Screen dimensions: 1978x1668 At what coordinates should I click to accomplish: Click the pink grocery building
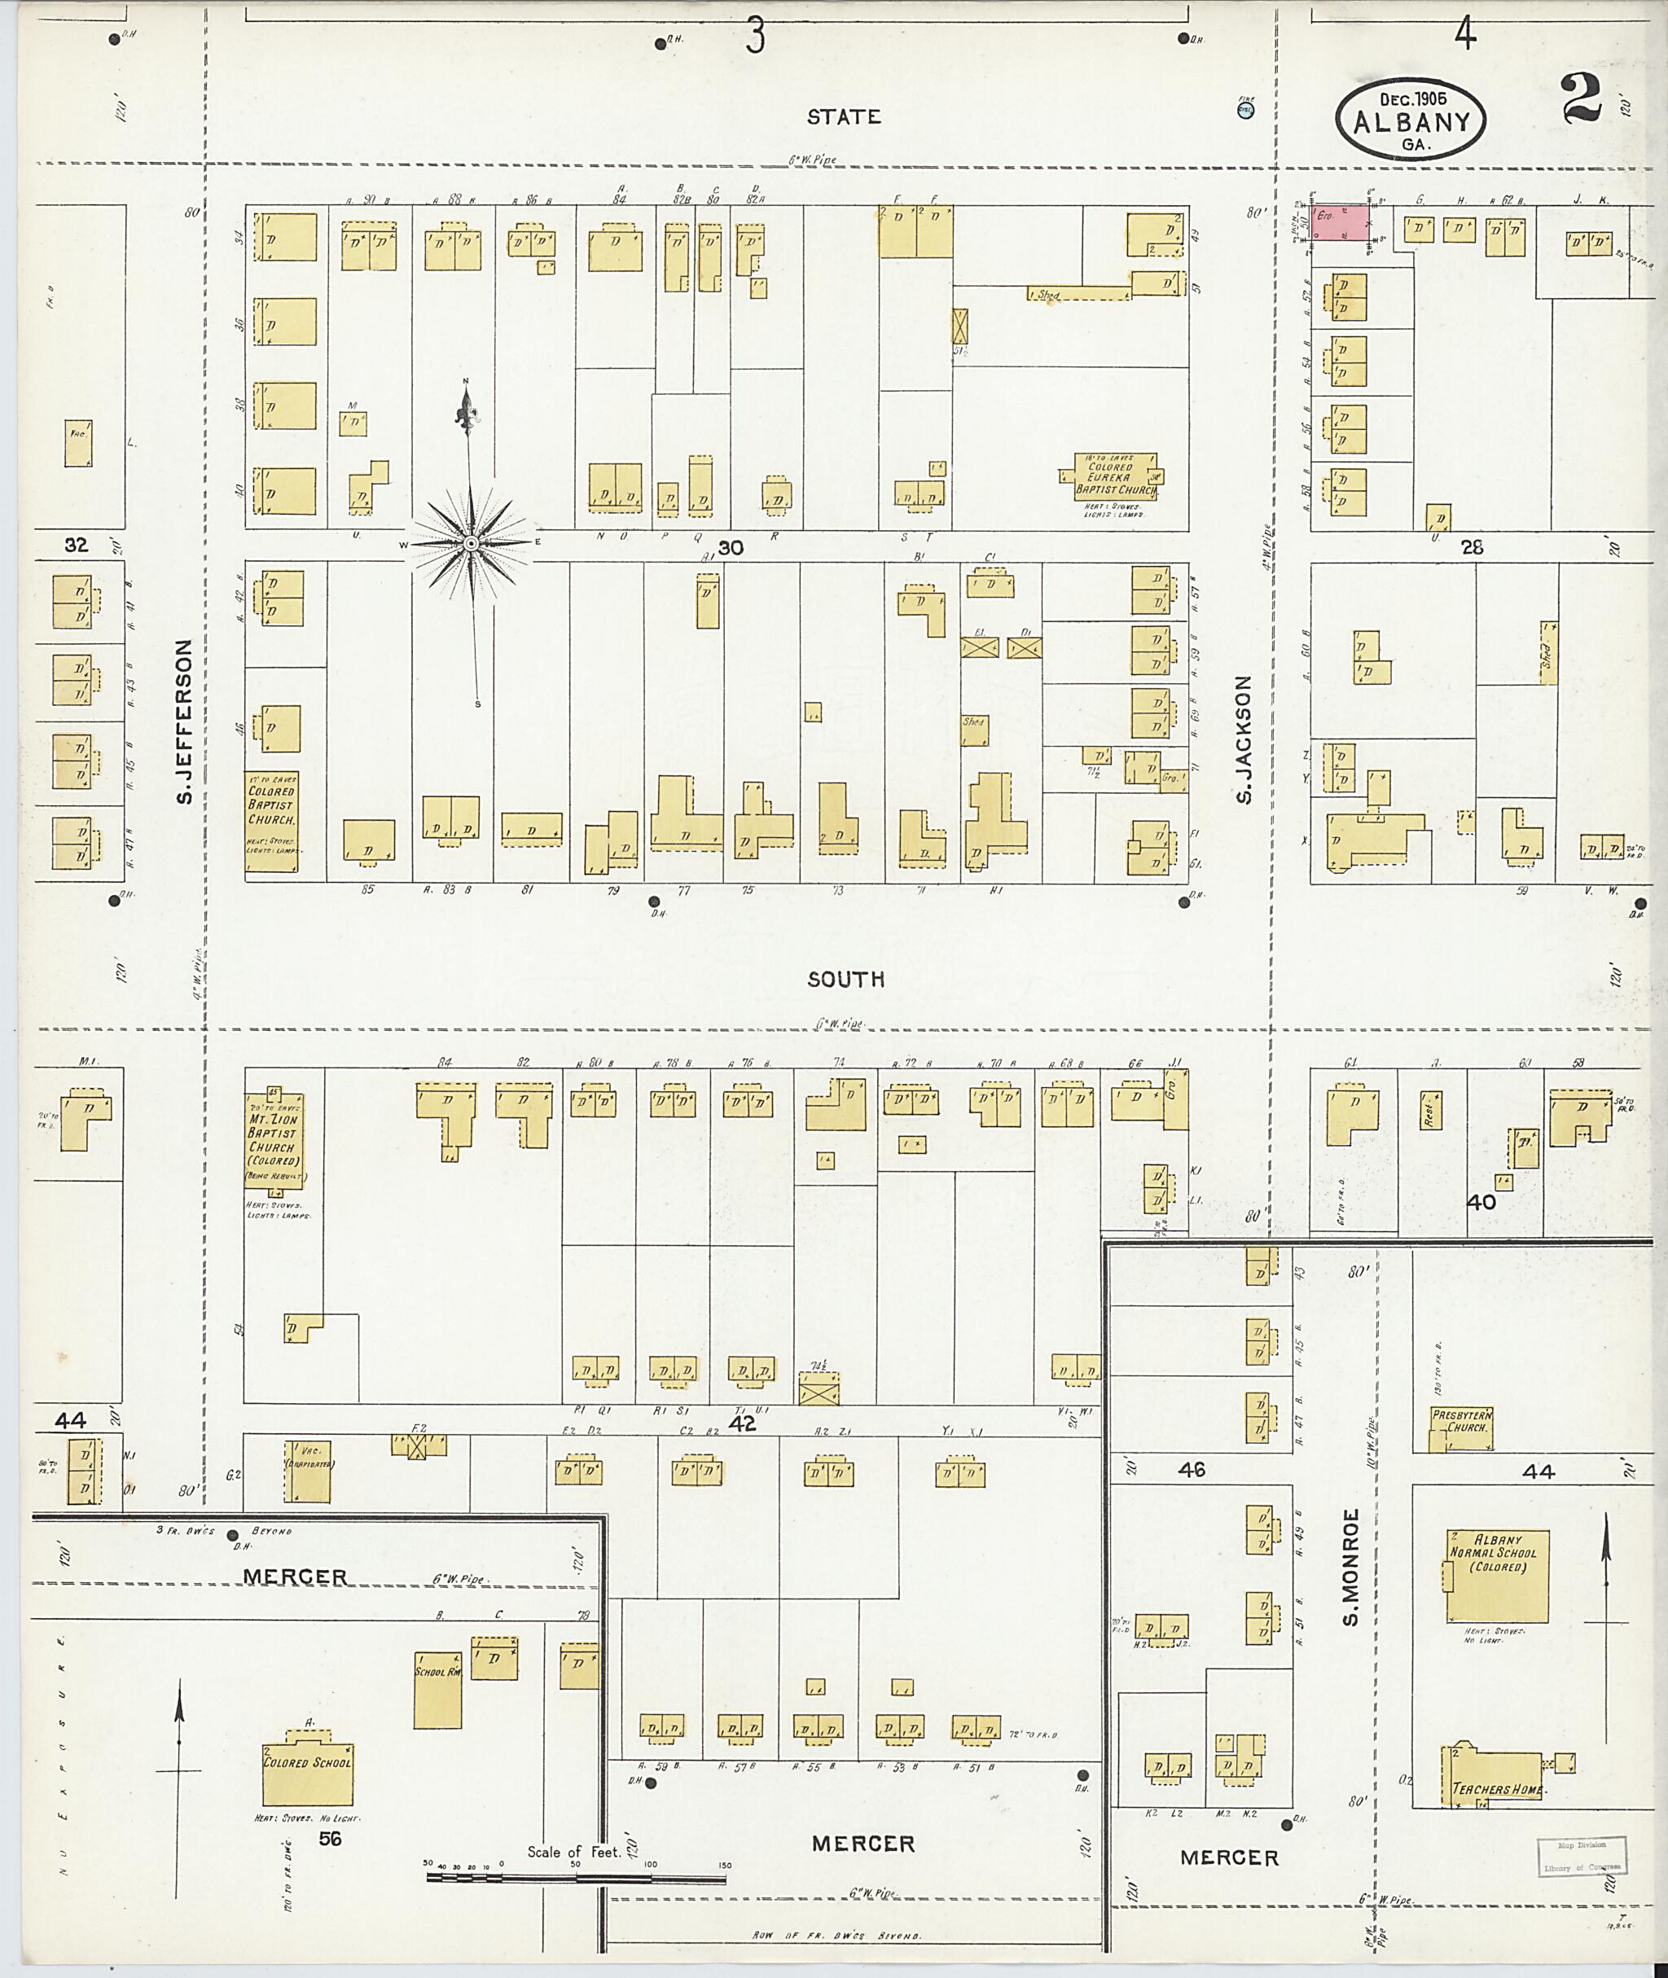click(1341, 227)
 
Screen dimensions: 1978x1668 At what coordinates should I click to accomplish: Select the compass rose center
click(470, 544)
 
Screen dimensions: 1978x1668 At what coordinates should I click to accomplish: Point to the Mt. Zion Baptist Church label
click(274, 1133)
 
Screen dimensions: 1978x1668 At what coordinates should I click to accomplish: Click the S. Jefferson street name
click(186, 721)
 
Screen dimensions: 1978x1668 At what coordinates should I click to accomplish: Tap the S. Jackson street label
click(1244, 739)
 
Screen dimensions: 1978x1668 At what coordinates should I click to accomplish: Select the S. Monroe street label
click(1350, 1566)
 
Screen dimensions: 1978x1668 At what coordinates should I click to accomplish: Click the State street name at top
click(844, 116)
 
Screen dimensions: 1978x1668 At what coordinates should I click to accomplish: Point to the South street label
click(845, 979)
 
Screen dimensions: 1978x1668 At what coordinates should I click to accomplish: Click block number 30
click(730, 547)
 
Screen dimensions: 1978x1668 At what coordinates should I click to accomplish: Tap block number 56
click(330, 1838)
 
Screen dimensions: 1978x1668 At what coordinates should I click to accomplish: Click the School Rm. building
click(438, 1690)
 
